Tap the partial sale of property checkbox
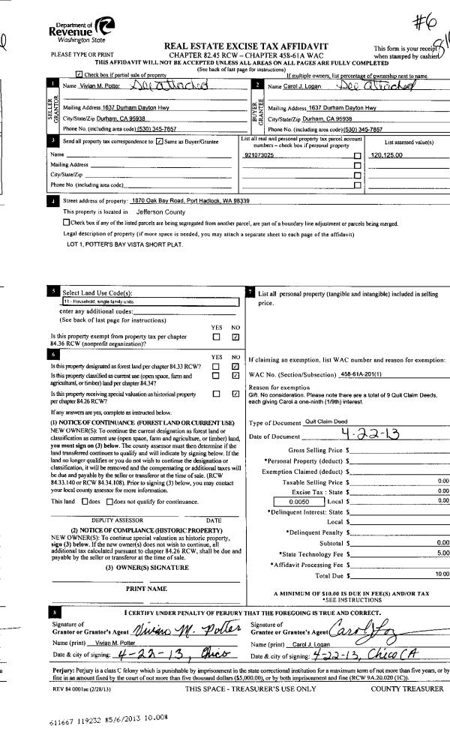click(79, 76)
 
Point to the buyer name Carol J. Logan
click(288, 87)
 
